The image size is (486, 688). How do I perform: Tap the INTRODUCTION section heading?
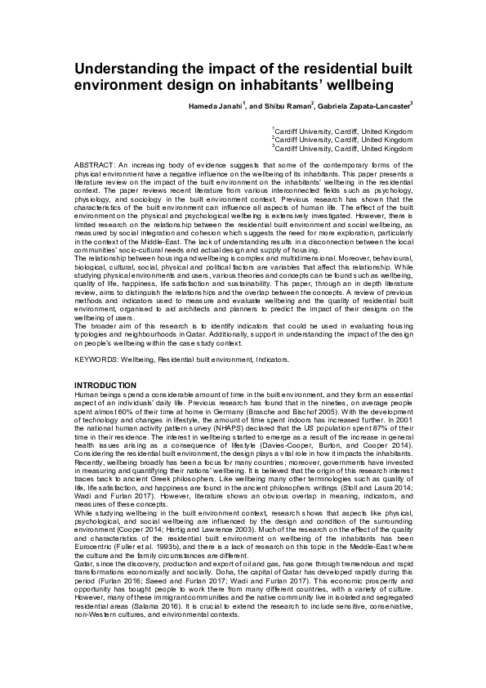[105, 384]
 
